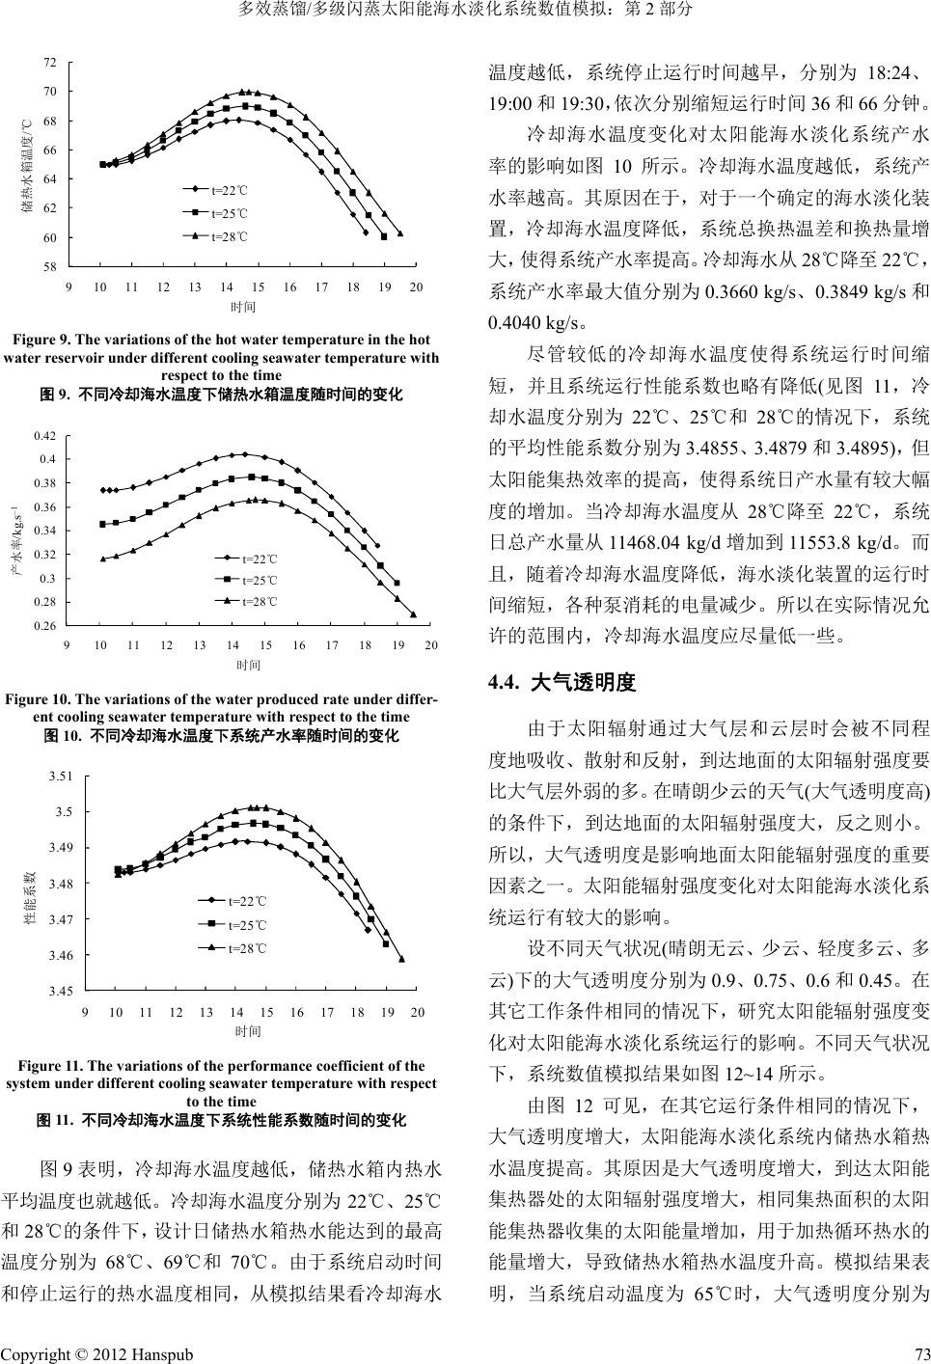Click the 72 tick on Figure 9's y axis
tap(50, 62)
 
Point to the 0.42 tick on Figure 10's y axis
tap(46, 436)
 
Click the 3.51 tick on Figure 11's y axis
tap(60, 776)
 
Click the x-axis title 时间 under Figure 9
tap(243, 307)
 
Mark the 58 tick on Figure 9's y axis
tap(50, 266)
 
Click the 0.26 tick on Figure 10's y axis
tap(46, 627)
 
